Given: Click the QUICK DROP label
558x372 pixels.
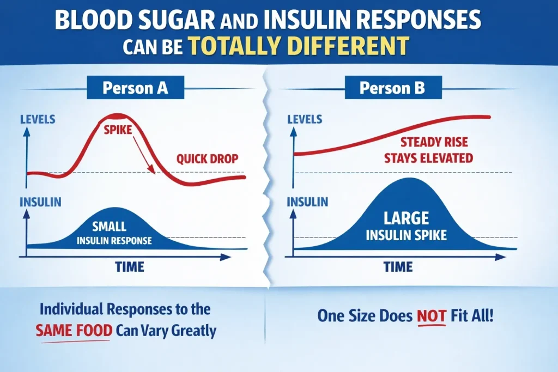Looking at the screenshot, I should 207,160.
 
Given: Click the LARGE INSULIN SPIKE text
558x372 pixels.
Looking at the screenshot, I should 405,227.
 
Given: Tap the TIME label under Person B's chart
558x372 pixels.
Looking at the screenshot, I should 398,267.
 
